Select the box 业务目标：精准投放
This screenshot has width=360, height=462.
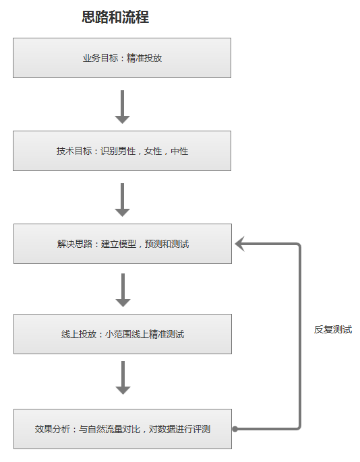[122, 58]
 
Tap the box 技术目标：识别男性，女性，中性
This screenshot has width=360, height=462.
[122, 151]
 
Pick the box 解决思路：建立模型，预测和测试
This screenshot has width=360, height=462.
[122, 244]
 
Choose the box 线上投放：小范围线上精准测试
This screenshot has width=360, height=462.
[122, 334]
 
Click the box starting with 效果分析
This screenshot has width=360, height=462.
[122, 429]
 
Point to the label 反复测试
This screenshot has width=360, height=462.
[332, 330]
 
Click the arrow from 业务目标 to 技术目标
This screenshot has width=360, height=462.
[122, 106]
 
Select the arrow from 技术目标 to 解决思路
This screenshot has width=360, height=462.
[122, 199]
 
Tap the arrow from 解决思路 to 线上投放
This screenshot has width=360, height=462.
[122, 290]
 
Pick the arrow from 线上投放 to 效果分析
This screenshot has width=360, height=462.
[122, 378]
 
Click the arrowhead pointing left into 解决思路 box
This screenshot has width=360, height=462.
[241, 244]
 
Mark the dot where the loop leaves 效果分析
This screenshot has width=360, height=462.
[235, 428]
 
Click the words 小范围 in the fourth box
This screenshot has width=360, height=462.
[118, 334]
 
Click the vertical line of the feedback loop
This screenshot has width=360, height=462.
[299, 337]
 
